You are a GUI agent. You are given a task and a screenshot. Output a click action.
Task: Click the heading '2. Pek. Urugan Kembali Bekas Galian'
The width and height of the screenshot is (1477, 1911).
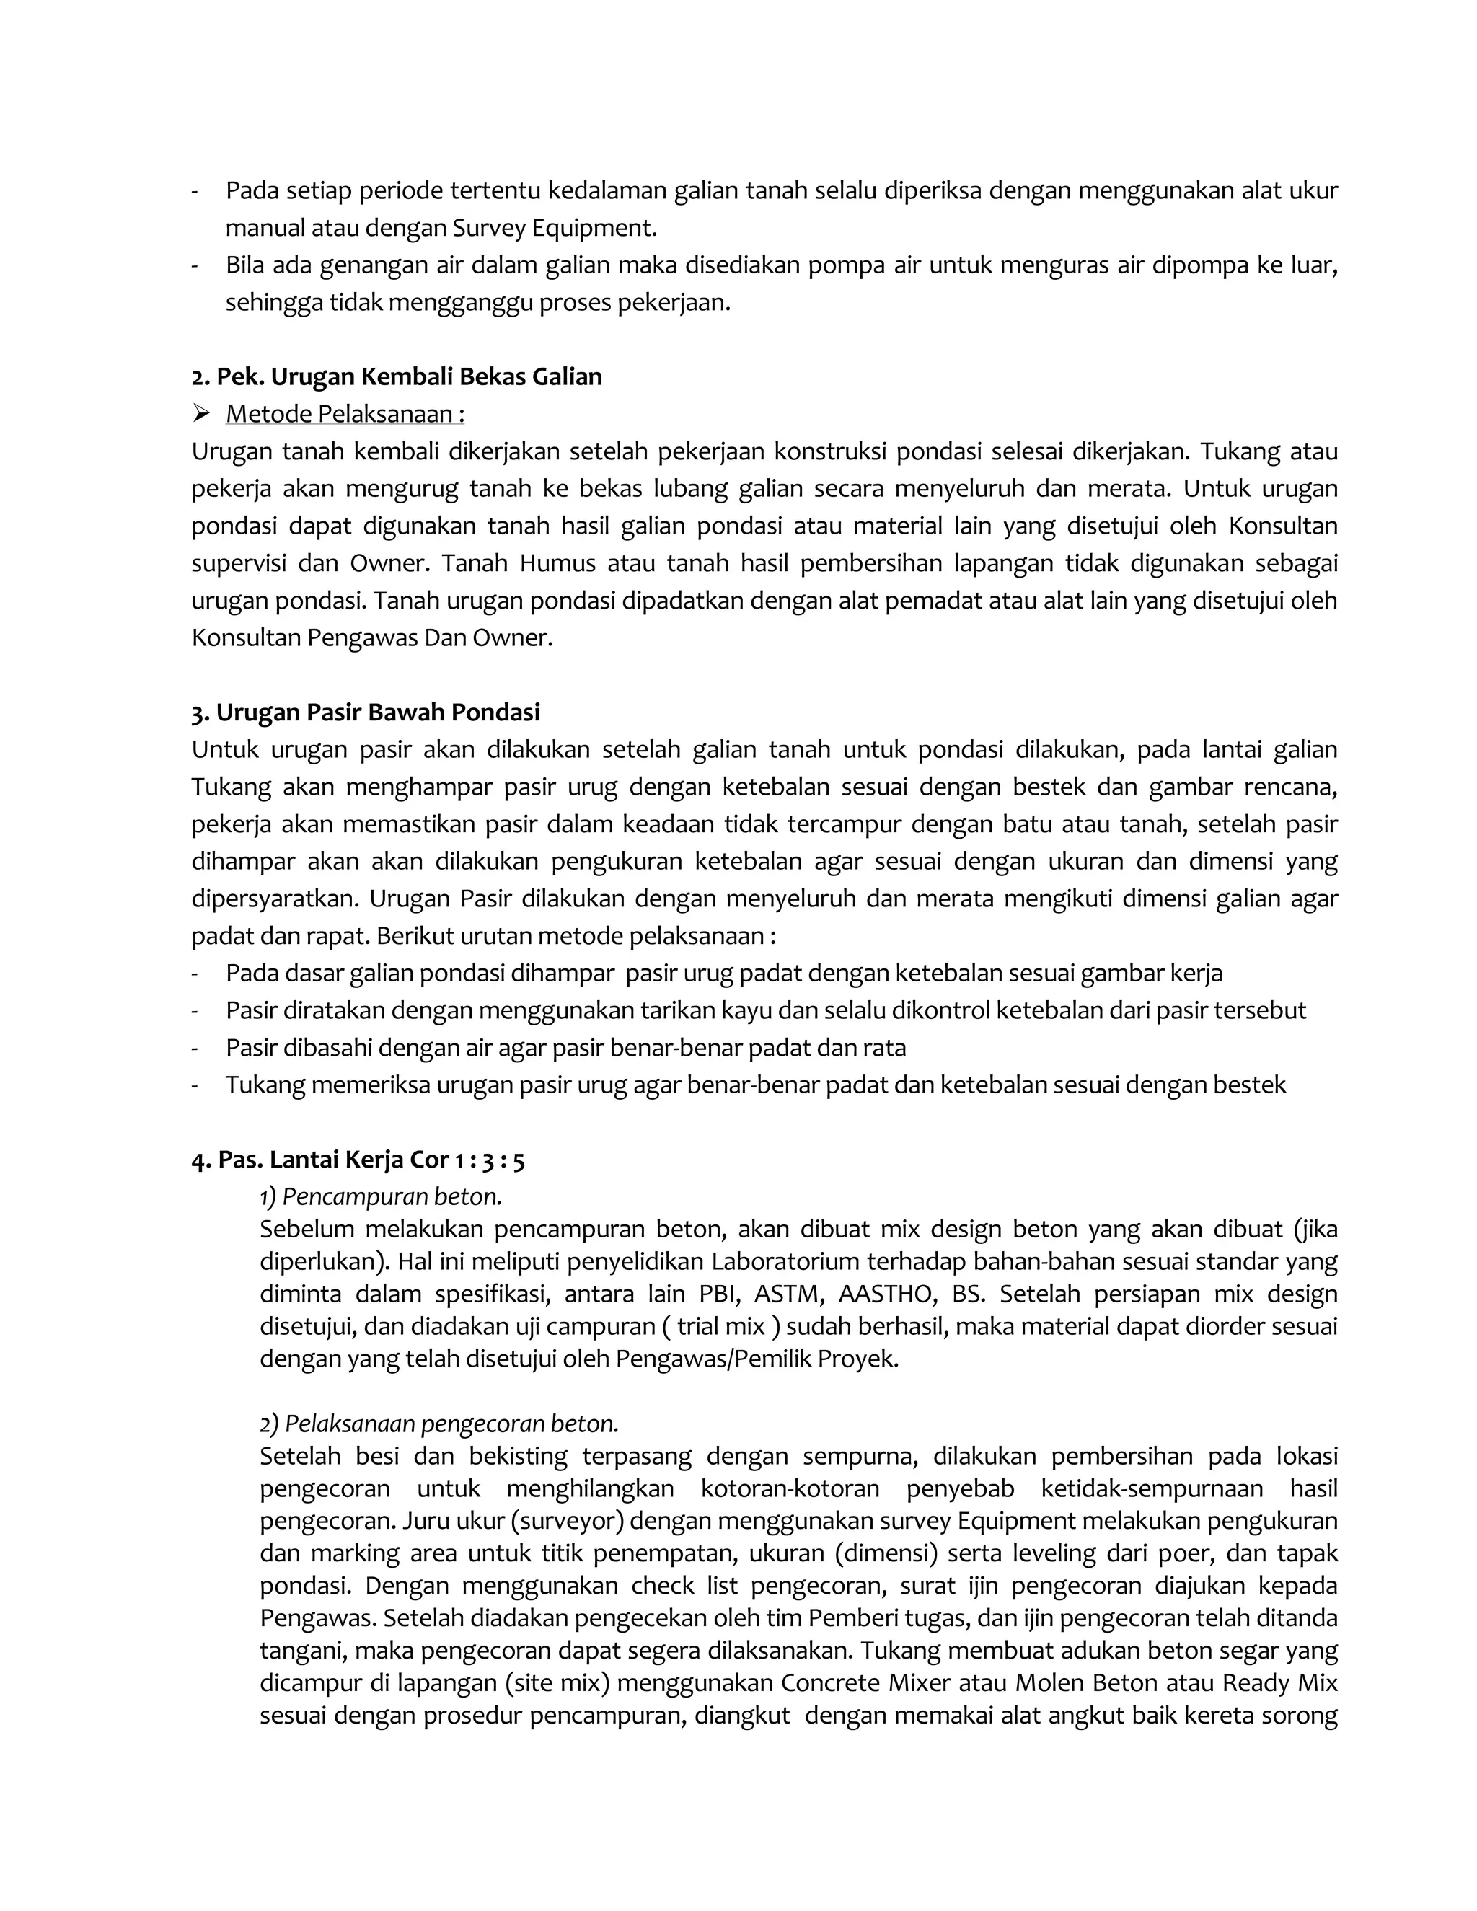coord(397,377)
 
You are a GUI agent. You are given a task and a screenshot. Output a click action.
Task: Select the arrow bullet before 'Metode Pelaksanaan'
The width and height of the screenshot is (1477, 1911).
coord(201,413)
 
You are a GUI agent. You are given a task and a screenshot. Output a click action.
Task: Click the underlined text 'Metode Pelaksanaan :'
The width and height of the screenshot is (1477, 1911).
coord(345,414)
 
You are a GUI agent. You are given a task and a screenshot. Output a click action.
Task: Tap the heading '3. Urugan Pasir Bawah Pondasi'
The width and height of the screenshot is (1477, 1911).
coord(366,712)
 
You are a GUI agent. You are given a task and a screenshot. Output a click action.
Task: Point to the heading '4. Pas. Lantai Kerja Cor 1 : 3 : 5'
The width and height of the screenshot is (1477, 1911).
coord(358,1160)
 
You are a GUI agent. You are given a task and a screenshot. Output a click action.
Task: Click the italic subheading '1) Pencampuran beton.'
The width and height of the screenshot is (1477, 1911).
coord(381,1196)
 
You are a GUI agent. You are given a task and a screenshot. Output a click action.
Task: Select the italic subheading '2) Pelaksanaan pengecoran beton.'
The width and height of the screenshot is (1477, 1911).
coord(439,1424)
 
